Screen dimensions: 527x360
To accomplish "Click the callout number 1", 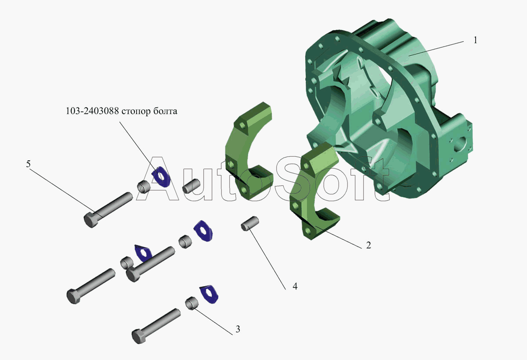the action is (475, 40).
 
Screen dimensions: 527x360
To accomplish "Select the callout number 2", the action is (368, 245).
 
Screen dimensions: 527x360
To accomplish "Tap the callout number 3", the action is (238, 329).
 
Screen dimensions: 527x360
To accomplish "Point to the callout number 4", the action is (295, 286).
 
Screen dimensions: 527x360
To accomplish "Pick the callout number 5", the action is (28, 164).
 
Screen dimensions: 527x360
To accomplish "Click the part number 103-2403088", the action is (92, 111).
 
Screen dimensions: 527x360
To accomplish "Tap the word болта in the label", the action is (165, 111).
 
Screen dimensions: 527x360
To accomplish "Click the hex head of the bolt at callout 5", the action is (90, 220).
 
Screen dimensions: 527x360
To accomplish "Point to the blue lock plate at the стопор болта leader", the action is (161, 176).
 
